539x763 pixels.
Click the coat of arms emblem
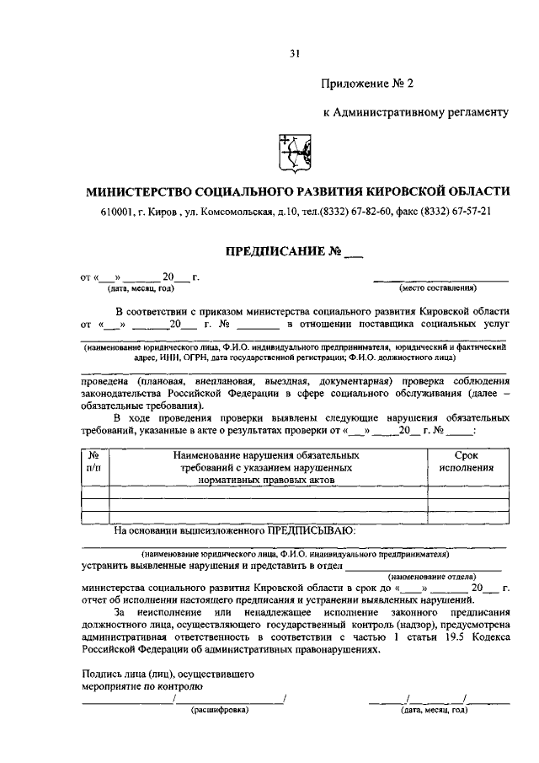(294, 154)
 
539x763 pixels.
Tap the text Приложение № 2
(367, 83)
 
